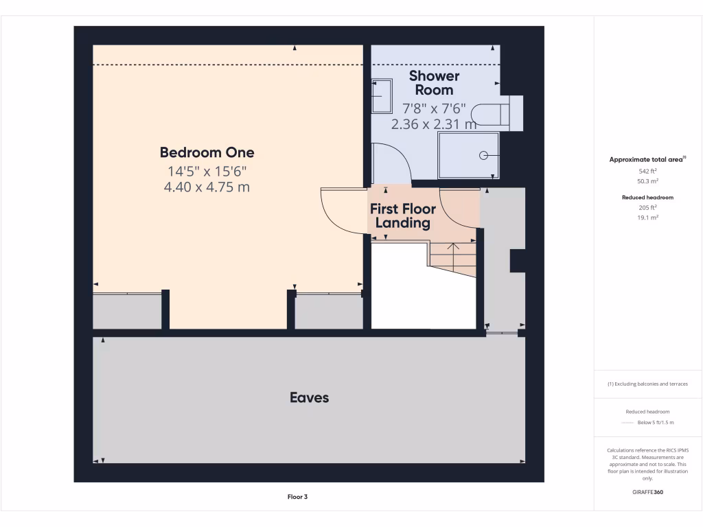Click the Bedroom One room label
[207, 152]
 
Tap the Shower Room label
[434, 83]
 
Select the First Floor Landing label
[403, 216]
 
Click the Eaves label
[309, 397]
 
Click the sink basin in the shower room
[382, 96]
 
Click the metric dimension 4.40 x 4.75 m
[207, 187]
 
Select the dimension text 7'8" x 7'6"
[434, 108]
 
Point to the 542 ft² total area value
[647, 172]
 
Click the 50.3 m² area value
[647, 182]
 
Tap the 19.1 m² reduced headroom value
[647, 217]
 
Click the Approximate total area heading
[647, 159]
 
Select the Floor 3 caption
[297, 497]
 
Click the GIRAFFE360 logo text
[647, 492]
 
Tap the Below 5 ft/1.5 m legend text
[656, 423]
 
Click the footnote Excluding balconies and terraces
[647, 384]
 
